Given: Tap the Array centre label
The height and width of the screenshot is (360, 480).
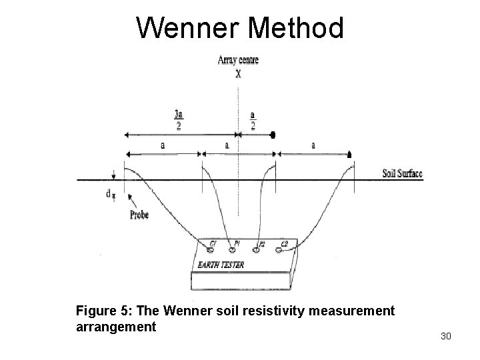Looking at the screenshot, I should click(x=238, y=61).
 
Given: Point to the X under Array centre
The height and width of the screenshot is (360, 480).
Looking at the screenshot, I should click(x=238, y=75).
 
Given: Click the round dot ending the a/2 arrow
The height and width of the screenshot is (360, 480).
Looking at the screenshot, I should click(x=273, y=135).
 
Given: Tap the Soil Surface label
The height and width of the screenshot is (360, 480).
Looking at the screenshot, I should click(x=402, y=174).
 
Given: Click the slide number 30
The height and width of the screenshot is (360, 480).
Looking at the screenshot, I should click(x=446, y=337).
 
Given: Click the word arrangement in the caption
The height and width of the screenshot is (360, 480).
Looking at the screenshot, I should click(x=116, y=327).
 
